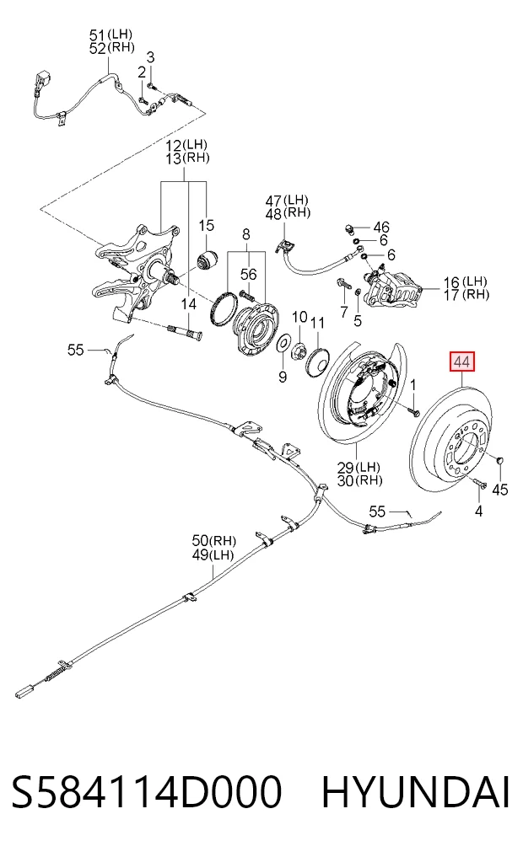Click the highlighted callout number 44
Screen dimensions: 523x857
462,362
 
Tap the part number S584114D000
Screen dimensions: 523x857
147,791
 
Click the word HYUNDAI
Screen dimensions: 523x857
415,791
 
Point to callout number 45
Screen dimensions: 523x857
500,489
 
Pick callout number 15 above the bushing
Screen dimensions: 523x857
206,225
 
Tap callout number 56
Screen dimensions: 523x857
248,274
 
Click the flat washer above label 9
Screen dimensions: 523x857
283,344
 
